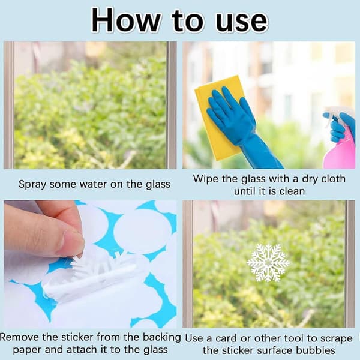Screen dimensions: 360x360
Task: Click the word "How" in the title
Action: click(x=126, y=20)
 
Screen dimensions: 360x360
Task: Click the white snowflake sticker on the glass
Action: click(x=268, y=263)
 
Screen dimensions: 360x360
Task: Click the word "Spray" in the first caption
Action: click(x=32, y=185)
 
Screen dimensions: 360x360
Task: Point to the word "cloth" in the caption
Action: click(x=333, y=179)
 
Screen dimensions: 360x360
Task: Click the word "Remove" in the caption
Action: click(x=20, y=337)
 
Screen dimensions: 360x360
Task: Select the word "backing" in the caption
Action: click(x=162, y=338)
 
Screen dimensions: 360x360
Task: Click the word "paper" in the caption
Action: click(x=28, y=350)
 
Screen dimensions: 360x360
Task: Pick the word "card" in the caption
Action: click(x=226, y=338)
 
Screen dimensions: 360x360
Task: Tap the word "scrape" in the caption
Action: click(x=335, y=339)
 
